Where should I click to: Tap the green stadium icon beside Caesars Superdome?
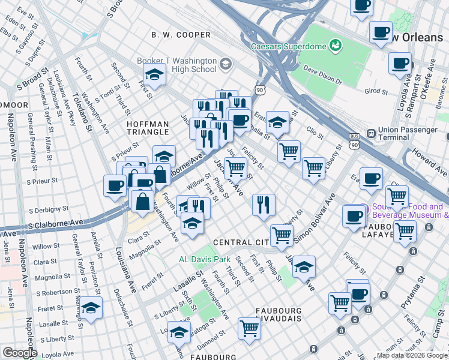click(x=335, y=45)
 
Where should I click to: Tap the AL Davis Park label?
click(x=205, y=260)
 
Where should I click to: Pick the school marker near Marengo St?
click(x=91, y=308)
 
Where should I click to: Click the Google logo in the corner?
click(x=19, y=353)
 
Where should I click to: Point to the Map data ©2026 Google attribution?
click(x=412, y=355)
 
